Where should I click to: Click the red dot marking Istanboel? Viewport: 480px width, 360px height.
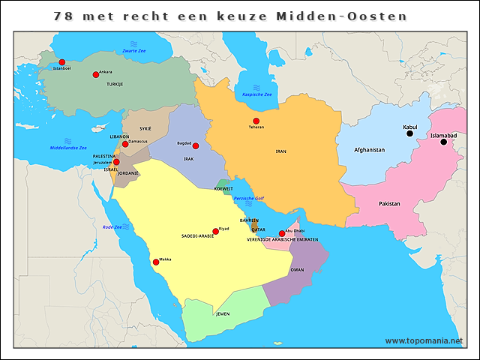(61, 62)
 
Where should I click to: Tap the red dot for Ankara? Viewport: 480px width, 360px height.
(95, 74)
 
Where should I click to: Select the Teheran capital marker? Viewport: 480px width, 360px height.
(256, 121)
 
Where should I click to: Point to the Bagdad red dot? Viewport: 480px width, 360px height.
(196, 145)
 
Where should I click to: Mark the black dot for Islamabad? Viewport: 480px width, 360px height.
(443, 142)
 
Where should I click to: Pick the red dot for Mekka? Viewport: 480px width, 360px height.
(156, 262)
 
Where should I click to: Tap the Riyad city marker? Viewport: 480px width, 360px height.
(215, 231)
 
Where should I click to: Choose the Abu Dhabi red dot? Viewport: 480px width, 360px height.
(282, 233)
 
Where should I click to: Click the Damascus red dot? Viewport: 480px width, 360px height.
(125, 143)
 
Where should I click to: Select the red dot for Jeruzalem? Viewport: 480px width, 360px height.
(116, 162)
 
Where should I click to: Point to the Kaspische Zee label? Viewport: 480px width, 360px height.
(257, 94)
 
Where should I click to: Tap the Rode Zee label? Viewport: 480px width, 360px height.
(112, 226)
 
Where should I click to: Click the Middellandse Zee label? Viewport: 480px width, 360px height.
(68, 148)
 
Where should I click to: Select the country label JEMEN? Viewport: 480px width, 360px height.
(223, 313)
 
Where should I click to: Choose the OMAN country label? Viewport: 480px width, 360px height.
(297, 269)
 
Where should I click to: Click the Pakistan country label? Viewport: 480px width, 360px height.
(389, 204)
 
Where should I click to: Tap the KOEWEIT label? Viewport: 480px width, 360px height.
(223, 189)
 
